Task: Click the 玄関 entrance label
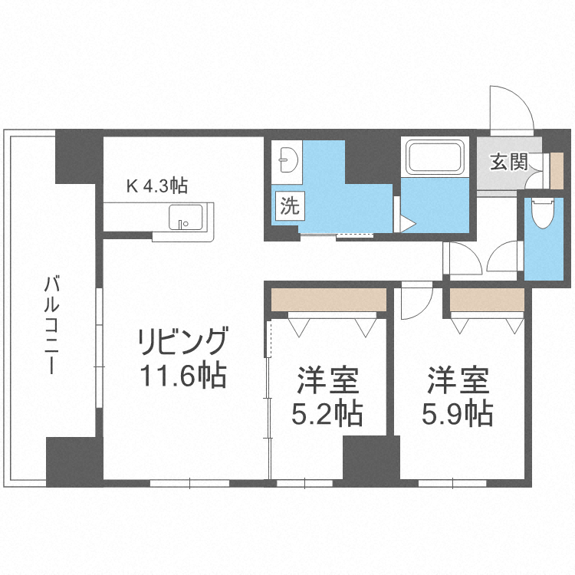click(508, 162)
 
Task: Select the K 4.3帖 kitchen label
click(157, 185)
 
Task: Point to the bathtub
click(435, 157)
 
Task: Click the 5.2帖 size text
click(327, 415)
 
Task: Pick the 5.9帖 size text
click(458, 415)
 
